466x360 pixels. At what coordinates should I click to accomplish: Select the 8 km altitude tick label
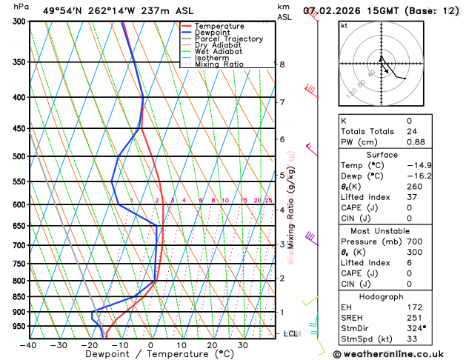pyautogui.click(x=282, y=64)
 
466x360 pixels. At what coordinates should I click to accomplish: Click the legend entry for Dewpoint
pyautogui.click(x=211, y=33)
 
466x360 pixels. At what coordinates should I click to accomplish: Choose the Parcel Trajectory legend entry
pyautogui.click(x=228, y=39)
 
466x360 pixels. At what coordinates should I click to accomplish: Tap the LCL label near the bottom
pyautogui.click(x=290, y=334)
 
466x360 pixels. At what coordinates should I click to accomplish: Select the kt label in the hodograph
pyautogui.click(x=344, y=25)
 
